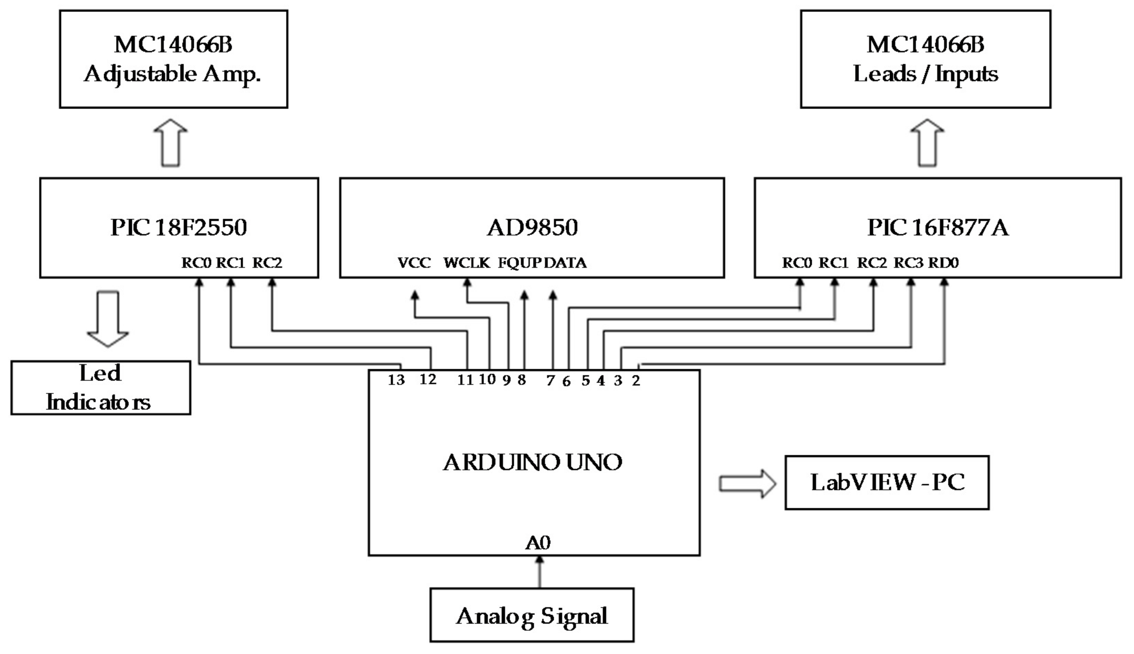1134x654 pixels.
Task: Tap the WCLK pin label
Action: click(x=467, y=263)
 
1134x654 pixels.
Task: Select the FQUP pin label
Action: click(x=520, y=263)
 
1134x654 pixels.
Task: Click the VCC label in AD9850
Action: click(x=414, y=263)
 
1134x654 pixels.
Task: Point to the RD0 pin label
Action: click(x=943, y=263)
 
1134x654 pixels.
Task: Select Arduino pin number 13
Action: click(x=396, y=380)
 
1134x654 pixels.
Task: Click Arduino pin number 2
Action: click(x=636, y=380)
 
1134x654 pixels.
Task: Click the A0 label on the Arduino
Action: click(x=538, y=543)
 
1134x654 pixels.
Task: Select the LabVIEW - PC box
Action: click(x=887, y=483)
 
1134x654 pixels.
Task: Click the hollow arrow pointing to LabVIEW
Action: click(x=747, y=484)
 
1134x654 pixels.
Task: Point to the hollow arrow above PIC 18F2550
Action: click(x=170, y=143)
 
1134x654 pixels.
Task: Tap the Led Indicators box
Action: click(x=100, y=388)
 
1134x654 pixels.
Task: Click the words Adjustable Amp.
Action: click(x=172, y=74)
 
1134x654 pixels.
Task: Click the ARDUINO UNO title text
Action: click(x=533, y=463)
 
